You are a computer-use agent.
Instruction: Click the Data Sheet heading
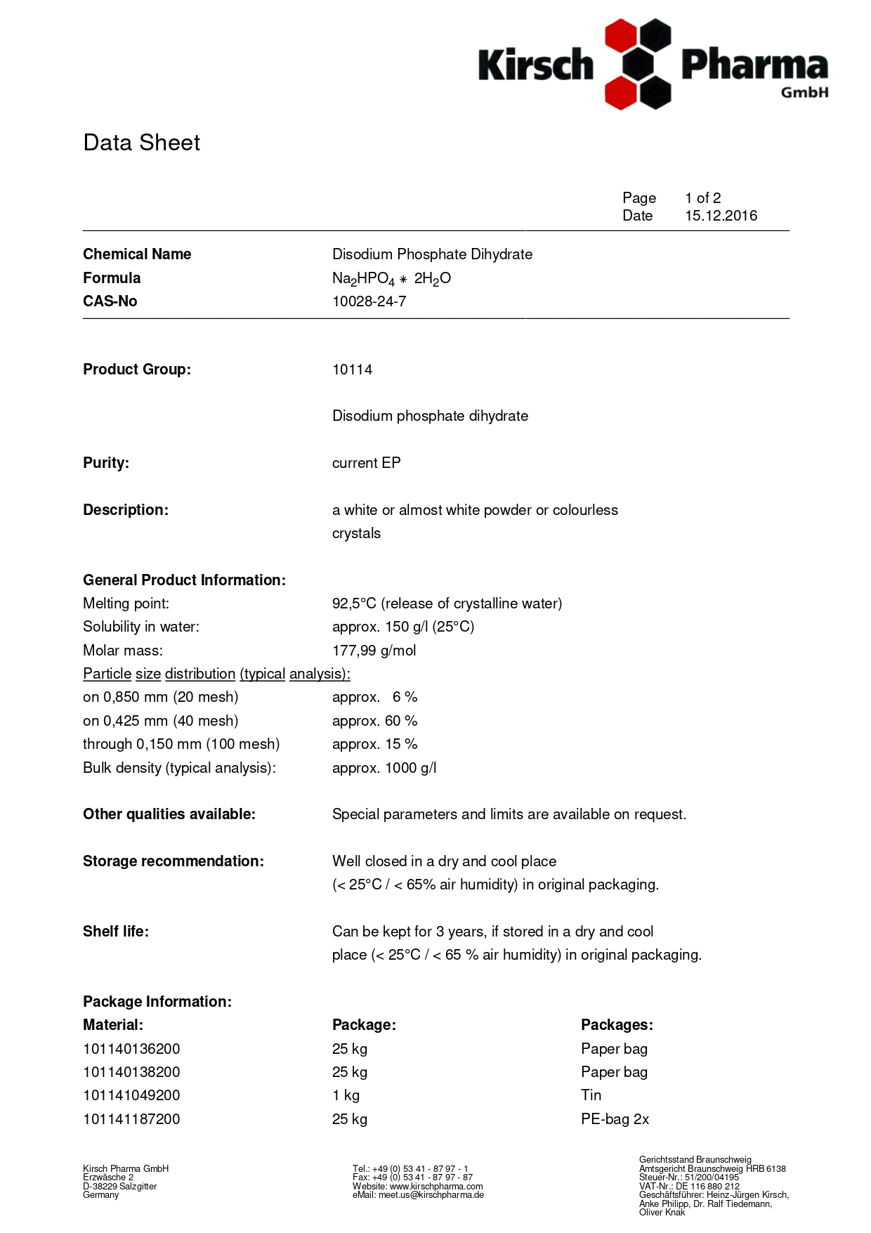(x=141, y=143)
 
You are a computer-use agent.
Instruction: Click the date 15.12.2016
(x=721, y=216)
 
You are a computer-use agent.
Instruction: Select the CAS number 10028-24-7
(x=369, y=301)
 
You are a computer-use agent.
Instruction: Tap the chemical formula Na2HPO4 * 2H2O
(x=391, y=279)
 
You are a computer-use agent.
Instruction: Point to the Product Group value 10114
(x=352, y=370)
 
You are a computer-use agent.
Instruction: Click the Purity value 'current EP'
(x=366, y=463)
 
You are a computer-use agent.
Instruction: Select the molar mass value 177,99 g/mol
(x=374, y=651)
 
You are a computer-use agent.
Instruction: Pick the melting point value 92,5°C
(x=355, y=604)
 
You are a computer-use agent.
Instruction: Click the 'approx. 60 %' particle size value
(x=374, y=721)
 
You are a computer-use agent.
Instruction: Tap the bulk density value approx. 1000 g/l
(x=384, y=768)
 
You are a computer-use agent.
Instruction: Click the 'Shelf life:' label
(x=116, y=932)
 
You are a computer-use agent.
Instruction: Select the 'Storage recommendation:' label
(x=173, y=861)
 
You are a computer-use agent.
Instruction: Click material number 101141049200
(x=131, y=1095)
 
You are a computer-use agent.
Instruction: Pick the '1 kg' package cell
(x=346, y=1095)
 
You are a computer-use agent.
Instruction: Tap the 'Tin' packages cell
(x=591, y=1095)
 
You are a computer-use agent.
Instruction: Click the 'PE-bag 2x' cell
(x=615, y=1119)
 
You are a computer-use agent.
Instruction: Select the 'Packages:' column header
(x=617, y=1025)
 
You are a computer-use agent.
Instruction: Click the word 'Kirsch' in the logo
(x=536, y=65)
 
